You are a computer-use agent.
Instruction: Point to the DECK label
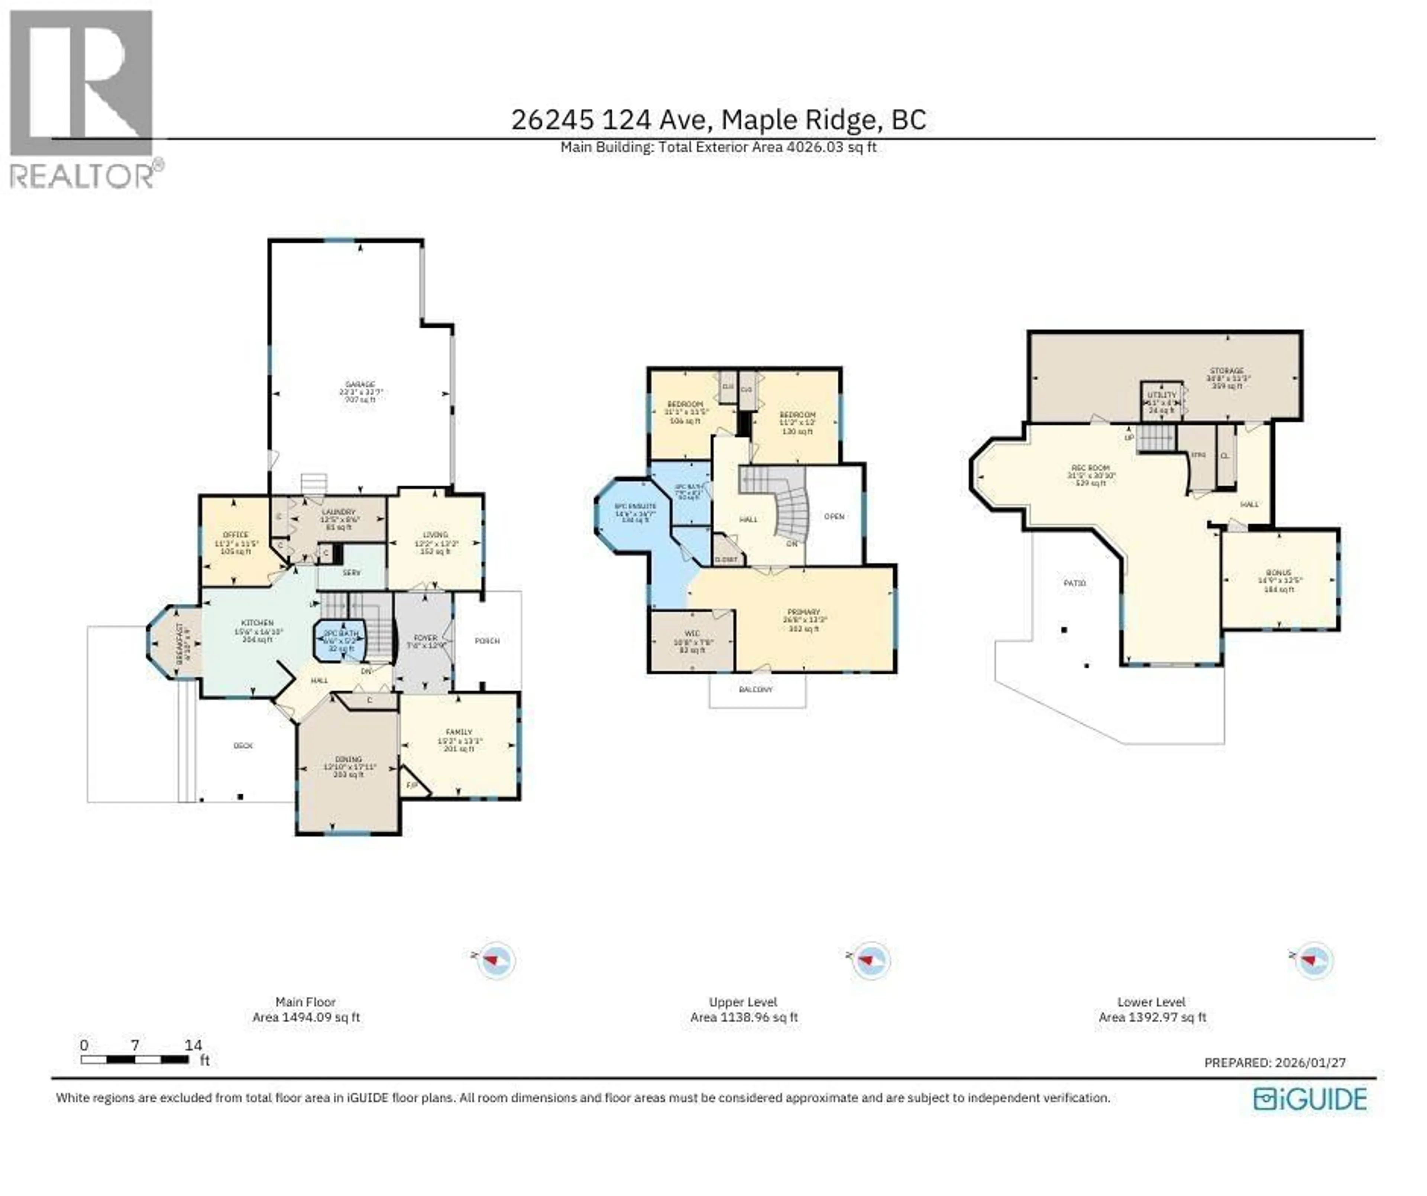[x=243, y=745]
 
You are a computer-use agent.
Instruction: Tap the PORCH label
[x=486, y=641]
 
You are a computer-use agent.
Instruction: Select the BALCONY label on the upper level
[x=755, y=690]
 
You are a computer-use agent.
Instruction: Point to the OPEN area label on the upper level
[x=834, y=516]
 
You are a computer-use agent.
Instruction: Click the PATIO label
[x=1074, y=583]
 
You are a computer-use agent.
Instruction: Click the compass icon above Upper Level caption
[x=870, y=960]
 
